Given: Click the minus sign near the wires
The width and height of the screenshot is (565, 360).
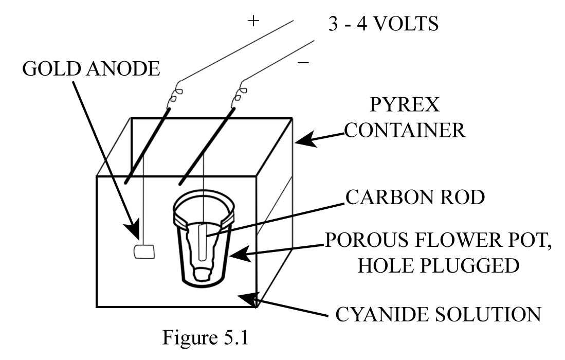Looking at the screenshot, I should tap(303, 62).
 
